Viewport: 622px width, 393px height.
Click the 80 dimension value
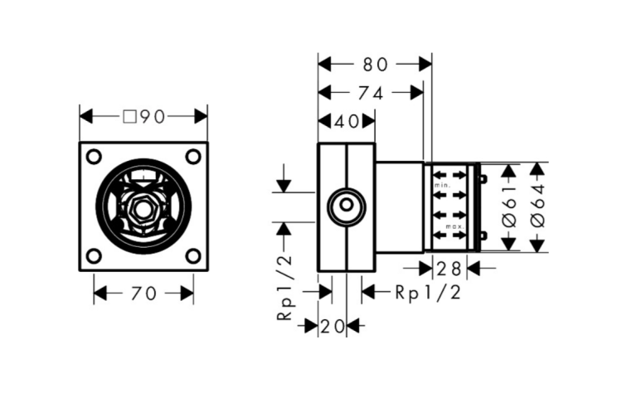[x=375, y=64]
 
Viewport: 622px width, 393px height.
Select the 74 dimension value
[x=371, y=93]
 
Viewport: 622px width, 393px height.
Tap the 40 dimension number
[x=347, y=122]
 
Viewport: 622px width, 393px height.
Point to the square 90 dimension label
[x=143, y=117]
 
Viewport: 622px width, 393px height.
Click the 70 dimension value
[x=143, y=294]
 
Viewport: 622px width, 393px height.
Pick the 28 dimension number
[x=449, y=269]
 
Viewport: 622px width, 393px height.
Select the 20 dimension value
[x=333, y=327]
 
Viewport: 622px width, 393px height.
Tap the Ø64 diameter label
[x=538, y=206]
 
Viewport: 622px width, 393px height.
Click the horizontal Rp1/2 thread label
[x=428, y=293]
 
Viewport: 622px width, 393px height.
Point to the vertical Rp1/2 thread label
[x=285, y=287]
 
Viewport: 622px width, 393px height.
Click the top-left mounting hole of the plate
[x=94, y=157]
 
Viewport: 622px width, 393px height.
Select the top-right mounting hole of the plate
[x=193, y=157]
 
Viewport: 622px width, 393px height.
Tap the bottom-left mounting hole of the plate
[x=94, y=256]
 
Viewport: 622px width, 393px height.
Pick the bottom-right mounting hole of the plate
[x=193, y=256]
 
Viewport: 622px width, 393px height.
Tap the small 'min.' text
[x=442, y=185]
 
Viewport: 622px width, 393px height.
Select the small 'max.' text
[x=455, y=226]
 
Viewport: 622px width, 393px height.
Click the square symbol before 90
[x=129, y=117]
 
